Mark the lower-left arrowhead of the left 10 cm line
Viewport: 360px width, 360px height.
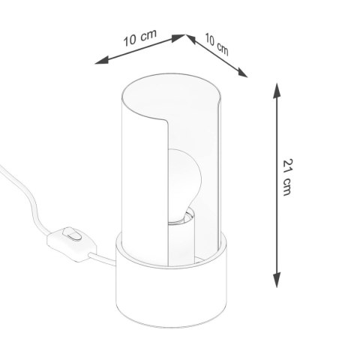pyautogui.click(x=103, y=66)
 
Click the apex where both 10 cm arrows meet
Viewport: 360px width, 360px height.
pyautogui.click(x=184, y=34)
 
